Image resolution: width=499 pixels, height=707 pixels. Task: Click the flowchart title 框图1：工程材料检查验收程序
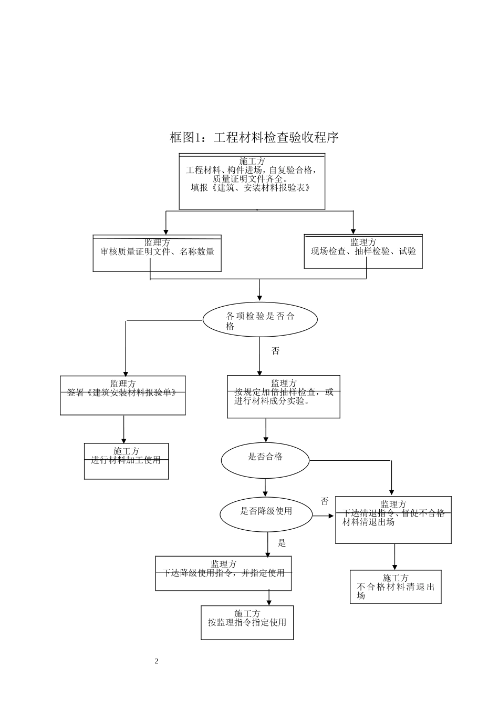(254, 138)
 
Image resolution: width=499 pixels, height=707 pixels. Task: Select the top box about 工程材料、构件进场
(252, 181)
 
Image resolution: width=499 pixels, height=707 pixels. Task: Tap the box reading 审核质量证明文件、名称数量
(157, 253)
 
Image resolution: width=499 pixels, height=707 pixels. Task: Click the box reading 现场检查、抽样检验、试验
(363, 251)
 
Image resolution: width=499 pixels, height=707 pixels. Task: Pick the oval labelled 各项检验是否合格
(260, 319)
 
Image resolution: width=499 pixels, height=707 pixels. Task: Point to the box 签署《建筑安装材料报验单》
(122, 395)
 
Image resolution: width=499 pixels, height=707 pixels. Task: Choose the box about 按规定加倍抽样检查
(284, 397)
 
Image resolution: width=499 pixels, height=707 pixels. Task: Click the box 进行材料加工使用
(126, 461)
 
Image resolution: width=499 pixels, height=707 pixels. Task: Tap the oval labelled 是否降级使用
(266, 514)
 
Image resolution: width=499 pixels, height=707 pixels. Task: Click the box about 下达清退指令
(393, 520)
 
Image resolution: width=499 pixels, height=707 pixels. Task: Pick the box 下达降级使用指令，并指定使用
(223, 573)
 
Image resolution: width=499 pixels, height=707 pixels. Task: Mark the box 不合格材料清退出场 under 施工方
(396, 587)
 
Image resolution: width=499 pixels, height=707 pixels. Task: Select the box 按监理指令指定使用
(247, 622)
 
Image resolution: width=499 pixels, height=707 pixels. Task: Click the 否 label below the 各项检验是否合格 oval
(275, 351)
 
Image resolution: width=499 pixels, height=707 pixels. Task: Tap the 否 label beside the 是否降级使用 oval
(325, 501)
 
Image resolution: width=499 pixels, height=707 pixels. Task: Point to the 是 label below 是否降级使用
(282, 543)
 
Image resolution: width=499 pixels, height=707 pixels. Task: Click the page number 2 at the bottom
(157, 661)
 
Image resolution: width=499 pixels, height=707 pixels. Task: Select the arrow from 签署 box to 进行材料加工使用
(124, 429)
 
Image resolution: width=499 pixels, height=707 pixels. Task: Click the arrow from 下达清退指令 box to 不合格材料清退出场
(395, 557)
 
